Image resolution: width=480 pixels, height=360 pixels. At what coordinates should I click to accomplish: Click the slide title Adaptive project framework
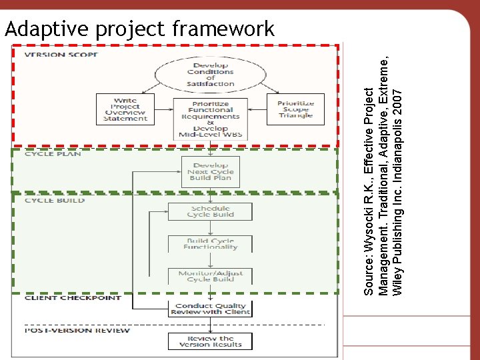pyautogui.click(x=139, y=29)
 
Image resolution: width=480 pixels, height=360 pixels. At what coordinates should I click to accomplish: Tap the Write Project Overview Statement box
pyautogui.click(x=125, y=109)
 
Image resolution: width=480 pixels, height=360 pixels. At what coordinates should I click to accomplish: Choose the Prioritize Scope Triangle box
pyautogui.click(x=295, y=109)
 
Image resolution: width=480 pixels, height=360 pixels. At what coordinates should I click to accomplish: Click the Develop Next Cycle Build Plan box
pyautogui.click(x=211, y=171)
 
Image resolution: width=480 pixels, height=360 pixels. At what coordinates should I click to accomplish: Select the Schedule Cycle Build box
pyautogui.click(x=211, y=211)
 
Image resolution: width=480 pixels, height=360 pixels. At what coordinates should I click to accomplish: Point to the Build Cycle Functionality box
pyautogui.click(x=211, y=243)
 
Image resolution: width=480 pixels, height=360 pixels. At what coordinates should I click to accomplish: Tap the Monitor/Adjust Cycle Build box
pyautogui.click(x=211, y=275)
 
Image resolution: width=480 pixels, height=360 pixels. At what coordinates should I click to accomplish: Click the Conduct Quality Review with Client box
pyautogui.click(x=211, y=309)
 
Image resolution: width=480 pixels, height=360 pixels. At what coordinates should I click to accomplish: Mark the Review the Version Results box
pyautogui.click(x=211, y=341)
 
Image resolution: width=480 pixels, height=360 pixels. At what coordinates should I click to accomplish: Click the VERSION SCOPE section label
pyautogui.click(x=61, y=54)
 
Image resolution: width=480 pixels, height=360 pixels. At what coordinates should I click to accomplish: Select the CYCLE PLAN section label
pyautogui.click(x=53, y=154)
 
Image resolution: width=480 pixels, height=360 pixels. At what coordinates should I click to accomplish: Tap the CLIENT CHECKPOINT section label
pyautogui.click(x=73, y=298)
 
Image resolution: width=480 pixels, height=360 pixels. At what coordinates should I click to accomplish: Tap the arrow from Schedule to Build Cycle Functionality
pyautogui.click(x=211, y=228)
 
